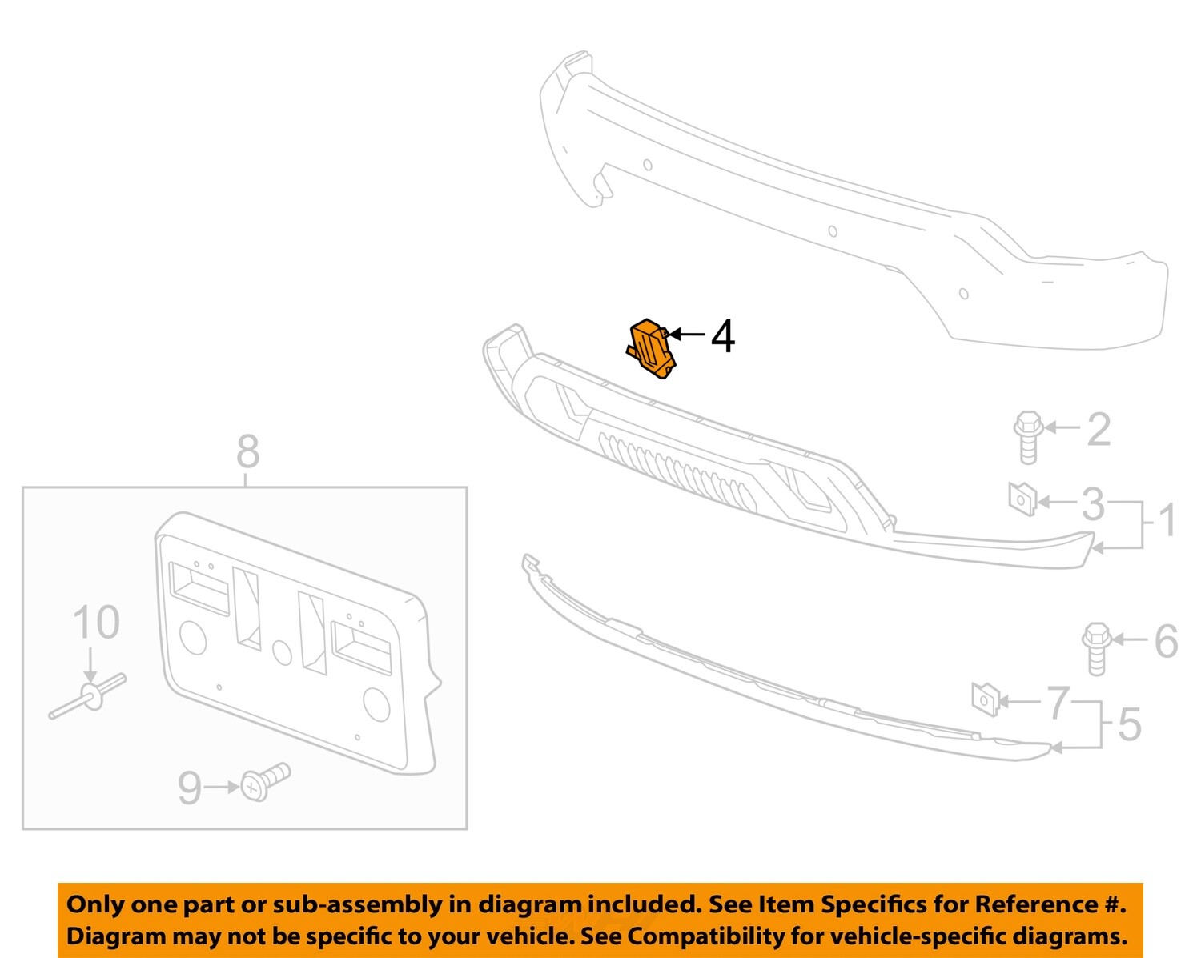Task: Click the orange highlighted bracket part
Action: click(x=650, y=349)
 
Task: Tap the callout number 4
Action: click(x=723, y=336)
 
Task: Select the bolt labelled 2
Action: click(x=1028, y=436)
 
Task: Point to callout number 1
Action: click(x=1168, y=520)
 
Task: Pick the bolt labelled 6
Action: click(x=1095, y=647)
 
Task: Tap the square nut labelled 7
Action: click(x=984, y=699)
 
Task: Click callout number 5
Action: click(x=1129, y=724)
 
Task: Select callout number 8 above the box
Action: click(x=247, y=452)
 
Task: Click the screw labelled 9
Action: click(x=266, y=780)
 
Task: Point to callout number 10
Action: click(x=96, y=623)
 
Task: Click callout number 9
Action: click(x=189, y=788)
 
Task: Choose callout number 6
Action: click(x=1166, y=641)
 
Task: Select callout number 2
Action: click(x=1099, y=429)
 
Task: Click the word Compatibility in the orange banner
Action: click(x=739, y=936)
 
